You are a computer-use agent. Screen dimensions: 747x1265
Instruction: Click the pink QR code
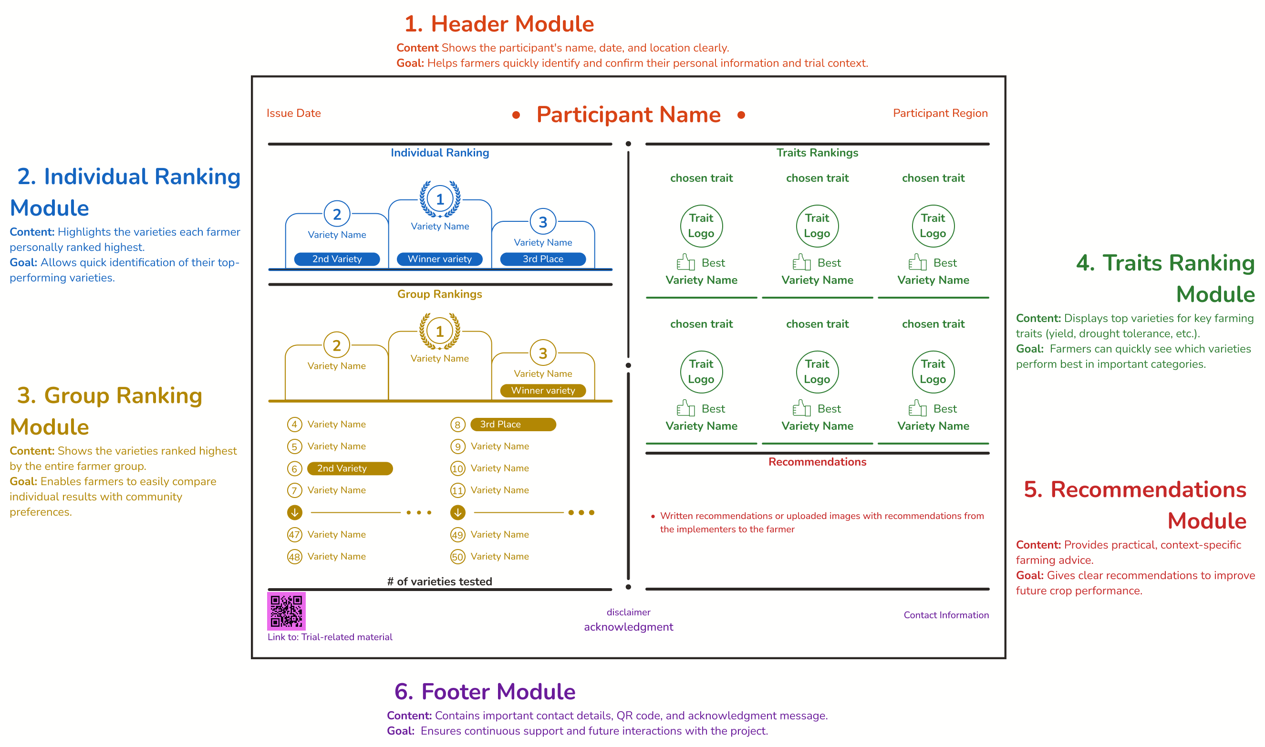286,611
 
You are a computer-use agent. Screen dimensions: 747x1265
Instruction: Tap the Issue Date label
293,113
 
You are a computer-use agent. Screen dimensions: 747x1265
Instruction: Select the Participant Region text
940,113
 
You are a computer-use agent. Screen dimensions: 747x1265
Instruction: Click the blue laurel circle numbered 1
440,199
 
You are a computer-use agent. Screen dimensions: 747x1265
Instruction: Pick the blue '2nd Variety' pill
337,259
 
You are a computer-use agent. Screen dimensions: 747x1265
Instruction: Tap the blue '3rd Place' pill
543,259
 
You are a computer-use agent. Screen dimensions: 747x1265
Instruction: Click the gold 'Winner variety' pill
543,391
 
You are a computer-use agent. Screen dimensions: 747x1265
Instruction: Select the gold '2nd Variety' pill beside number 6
349,468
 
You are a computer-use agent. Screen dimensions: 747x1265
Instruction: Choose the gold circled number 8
457,425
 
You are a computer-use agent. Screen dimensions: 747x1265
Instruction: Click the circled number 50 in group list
457,557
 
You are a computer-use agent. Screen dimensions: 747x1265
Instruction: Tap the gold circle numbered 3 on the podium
543,353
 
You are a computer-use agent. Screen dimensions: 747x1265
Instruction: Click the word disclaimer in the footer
628,612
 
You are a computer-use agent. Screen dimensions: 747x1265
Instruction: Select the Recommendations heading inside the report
817,462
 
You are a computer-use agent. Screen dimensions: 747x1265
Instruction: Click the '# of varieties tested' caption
439,581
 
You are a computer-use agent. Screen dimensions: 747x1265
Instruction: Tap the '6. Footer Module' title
485,691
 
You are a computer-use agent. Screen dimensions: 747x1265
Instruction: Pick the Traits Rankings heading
817,153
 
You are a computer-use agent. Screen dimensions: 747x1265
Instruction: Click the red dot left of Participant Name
516,115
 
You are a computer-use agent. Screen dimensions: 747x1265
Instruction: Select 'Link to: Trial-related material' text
330,637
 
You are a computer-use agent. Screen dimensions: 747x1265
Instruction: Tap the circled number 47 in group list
294,535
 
